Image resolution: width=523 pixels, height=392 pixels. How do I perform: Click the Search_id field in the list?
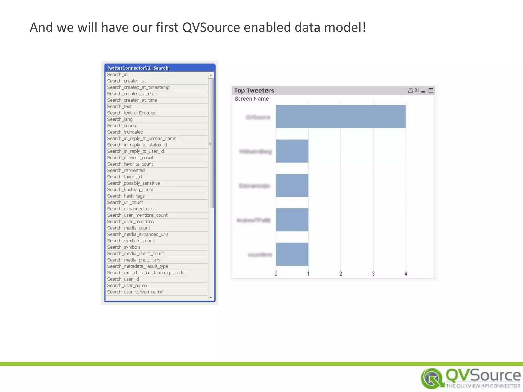[117, 75]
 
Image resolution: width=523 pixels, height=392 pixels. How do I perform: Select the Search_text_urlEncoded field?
[132, 113]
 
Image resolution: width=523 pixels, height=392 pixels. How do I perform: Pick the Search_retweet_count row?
[130, 158]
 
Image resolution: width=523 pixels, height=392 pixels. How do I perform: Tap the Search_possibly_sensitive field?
[133, 183]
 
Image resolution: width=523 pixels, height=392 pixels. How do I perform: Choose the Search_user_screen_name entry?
[135, 292]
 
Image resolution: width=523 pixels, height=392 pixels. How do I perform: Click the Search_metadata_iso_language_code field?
[146, 273]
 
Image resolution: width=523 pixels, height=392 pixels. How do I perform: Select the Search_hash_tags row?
[126, 196]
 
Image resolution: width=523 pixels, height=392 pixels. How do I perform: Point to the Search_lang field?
[120, 119]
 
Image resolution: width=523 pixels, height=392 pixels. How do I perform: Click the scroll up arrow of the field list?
[211, 75]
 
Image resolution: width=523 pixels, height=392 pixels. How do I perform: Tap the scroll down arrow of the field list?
[211, 298]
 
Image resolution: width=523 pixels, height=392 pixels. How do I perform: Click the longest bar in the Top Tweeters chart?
[340, 117]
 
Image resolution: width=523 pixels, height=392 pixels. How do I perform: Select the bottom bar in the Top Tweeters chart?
[292, 254]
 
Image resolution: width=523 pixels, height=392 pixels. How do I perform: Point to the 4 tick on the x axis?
[406, 274]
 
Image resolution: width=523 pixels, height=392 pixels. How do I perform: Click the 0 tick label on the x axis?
[276, 274]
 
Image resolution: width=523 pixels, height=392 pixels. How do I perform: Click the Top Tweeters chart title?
[254, 91]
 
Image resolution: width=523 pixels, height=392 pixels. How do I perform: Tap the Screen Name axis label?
[252, 99]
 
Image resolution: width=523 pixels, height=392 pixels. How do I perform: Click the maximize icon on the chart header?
[431, 90]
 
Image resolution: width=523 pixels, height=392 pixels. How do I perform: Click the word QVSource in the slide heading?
[211, 27]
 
